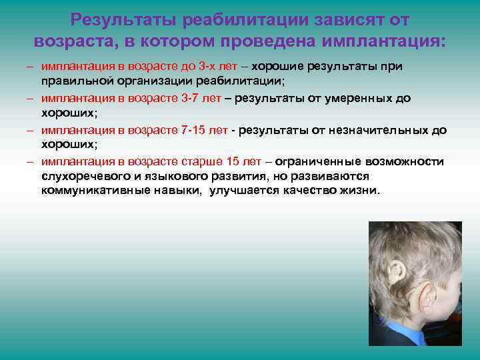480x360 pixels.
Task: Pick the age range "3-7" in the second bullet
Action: [x=191, y=98]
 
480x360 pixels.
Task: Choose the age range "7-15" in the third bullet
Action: [x=194, y=129]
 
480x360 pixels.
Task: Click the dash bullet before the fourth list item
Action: [x=31, y=161]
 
